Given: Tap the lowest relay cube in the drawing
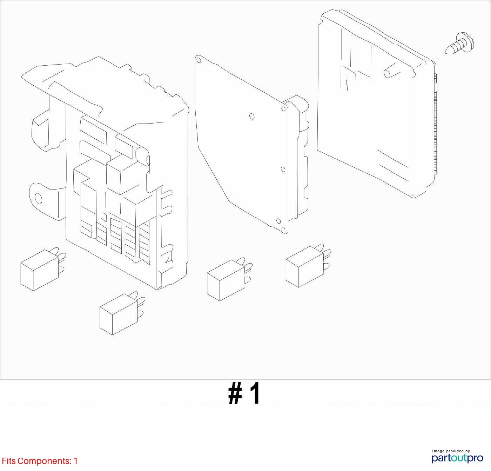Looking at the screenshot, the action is pyautogui.click(x=122, y=313).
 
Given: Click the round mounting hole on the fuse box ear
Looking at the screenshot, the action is pyautogui.click(x=38, y=199).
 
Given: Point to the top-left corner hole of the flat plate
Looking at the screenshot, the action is pyautogui.click(x=199, y=60).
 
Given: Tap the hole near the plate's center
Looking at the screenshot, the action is pyautogui.click(x=251, y=117).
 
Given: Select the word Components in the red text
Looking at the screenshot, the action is pyautogui.click(x=45, y=462).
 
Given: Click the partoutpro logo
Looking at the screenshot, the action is pyautogui.click(x=457, y=458).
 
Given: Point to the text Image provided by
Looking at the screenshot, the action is pyautogui.click(x=451, y=451).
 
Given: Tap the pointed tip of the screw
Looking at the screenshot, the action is pyautogui.click(x=446, y=52).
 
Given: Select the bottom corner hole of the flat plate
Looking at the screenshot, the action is pyautogui.click(x=278, y=221).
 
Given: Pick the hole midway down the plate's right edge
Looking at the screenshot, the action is pyautogui.click(x=283, y=169).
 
